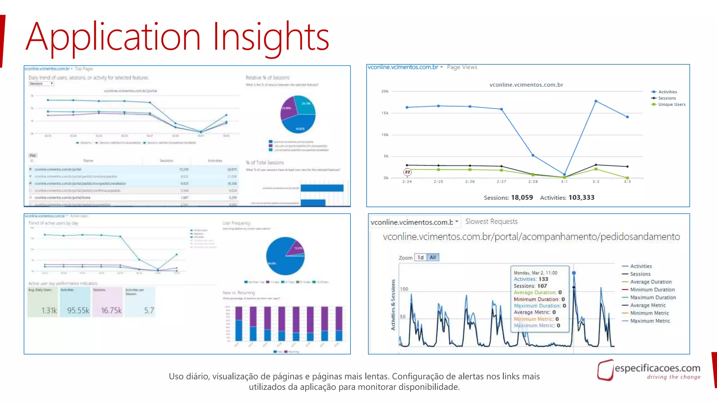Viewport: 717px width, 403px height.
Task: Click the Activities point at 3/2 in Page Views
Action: (x=596, y=101)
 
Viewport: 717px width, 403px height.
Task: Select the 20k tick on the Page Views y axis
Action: (x=385, y=91)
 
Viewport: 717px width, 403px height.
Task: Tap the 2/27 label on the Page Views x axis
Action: (x=501, y=182)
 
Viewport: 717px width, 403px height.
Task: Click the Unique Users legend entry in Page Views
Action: (x=671, y=104)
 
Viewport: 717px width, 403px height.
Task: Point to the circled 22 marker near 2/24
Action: (x=407, y=172)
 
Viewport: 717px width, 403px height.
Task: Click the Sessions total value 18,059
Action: (x=522, y=197)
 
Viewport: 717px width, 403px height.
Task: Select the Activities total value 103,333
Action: (x=581, y=197)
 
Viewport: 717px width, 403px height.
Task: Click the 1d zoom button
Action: (x=420, y=257)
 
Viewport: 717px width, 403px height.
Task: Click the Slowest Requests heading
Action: (x=491, y=221)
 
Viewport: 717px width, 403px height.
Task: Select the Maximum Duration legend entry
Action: (x=653, y=297)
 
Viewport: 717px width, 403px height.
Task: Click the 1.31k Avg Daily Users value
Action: (x=49, y=310)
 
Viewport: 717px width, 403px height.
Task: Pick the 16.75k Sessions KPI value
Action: (x=111, y=310)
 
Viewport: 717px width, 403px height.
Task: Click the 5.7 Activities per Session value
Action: (x=149, y=310)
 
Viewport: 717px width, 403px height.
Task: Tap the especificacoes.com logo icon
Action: (x=605, y=370)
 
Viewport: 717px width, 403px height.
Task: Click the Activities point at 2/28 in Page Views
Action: (x=533, y=155)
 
